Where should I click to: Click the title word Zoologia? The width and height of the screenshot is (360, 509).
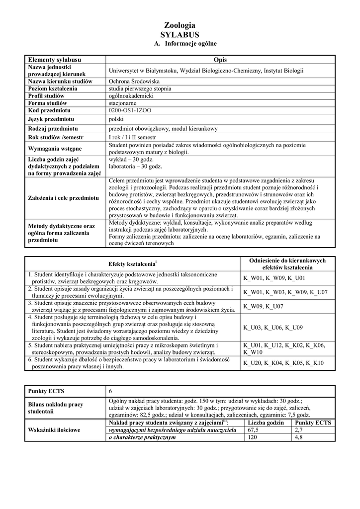180,25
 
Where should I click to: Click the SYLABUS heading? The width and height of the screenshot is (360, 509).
180,34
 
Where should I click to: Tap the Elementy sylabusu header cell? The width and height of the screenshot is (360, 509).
55,59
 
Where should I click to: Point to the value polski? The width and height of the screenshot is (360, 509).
116,119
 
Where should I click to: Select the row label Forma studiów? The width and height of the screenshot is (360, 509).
47,103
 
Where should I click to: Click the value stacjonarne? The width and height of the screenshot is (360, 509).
122,103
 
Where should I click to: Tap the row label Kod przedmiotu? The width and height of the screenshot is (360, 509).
49,110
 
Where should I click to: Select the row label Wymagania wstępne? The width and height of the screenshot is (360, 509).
55,149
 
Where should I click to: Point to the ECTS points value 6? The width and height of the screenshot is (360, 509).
110,391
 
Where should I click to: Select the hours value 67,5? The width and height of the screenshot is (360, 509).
254,430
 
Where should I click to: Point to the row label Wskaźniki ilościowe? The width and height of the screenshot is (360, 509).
55,430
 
